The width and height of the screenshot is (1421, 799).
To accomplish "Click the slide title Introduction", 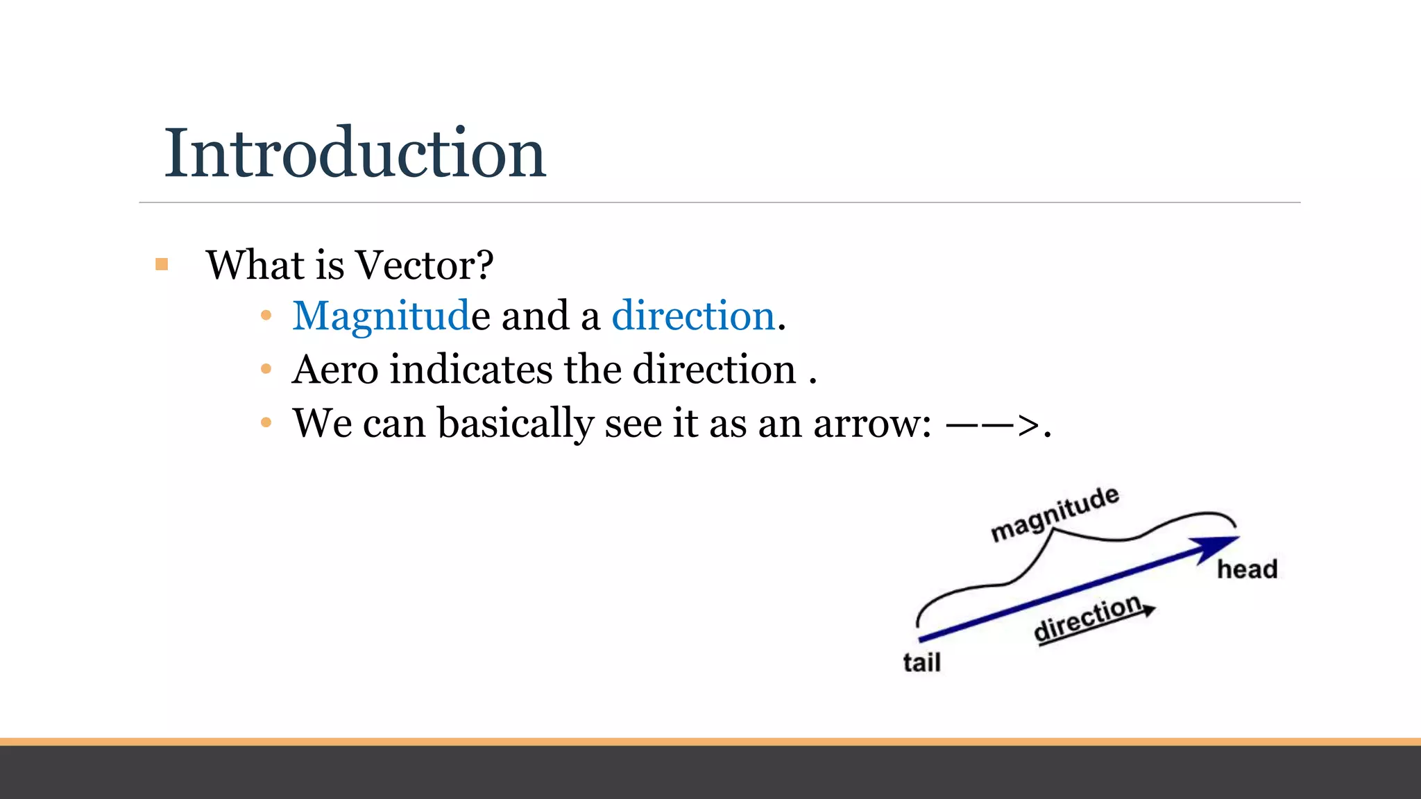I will (x=355, y=153).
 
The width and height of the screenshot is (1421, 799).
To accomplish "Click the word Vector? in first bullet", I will (x=424, y=265).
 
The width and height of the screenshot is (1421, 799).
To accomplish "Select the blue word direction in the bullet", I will (x=692, y=316).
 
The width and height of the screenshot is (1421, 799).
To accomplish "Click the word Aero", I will (x=335, y=369).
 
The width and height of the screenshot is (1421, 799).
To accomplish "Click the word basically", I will (x=515, y=423).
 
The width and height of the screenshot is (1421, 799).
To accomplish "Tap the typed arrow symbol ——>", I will (x=992, y=424).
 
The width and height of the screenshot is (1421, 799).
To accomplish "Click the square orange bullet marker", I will (x=162, y=264).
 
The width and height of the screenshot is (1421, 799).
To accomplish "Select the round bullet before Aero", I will (x=266, y=369).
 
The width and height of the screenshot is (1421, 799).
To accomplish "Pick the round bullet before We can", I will (x=266, y=422).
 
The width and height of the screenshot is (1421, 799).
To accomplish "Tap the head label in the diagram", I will (x=1247, y=569).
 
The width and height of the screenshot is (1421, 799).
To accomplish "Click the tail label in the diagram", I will (x=921, y=662).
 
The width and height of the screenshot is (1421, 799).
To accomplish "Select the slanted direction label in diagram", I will (x=1087, y=619).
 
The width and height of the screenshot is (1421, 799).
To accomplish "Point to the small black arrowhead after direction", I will (x=1149, y=610).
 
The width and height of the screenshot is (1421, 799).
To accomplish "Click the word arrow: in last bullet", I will (x=871, y=423).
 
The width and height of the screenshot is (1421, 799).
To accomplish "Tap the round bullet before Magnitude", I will (x=266, y=316).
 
